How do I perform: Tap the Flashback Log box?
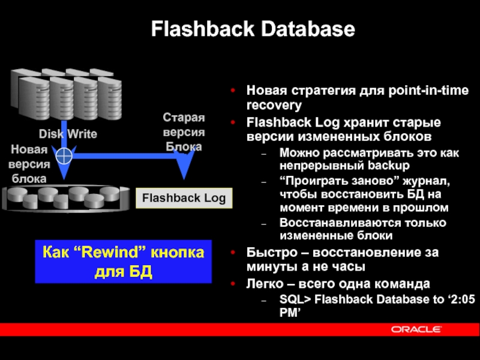[184, 198]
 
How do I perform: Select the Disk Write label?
[68, 134]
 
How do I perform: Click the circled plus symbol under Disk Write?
[63, 157]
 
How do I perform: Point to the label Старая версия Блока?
[184, 132]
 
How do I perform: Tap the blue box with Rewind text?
[124, 262]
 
